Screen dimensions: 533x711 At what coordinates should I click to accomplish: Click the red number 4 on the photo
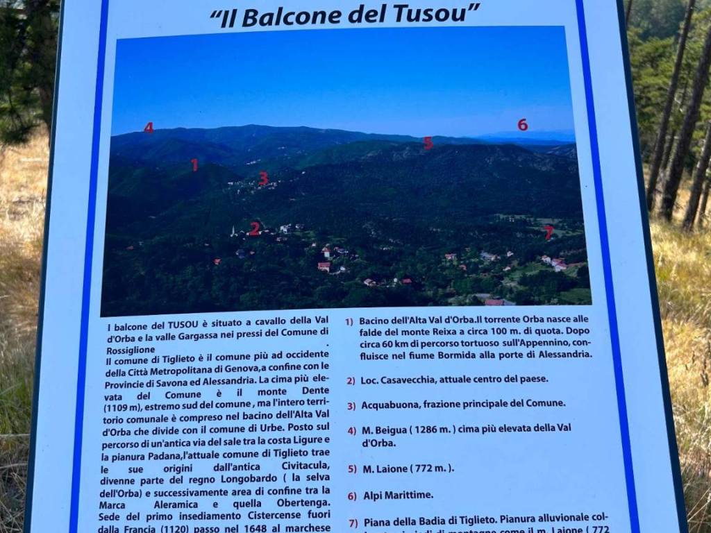pos(149,128)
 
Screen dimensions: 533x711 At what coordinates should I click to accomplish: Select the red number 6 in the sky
pos(522,125)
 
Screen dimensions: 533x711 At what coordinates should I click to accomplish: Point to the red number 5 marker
pos(428,143)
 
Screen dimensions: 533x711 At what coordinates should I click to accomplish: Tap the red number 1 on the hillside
pos(194,165)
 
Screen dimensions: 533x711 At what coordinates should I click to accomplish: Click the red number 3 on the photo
pos(263,178)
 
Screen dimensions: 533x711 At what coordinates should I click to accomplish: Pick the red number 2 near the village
pos(255,228)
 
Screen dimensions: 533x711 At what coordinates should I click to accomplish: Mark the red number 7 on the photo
pos(549,232)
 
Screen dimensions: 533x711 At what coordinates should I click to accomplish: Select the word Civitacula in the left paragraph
pos(300,466)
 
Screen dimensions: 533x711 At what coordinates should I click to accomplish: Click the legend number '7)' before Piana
pos(353,523)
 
